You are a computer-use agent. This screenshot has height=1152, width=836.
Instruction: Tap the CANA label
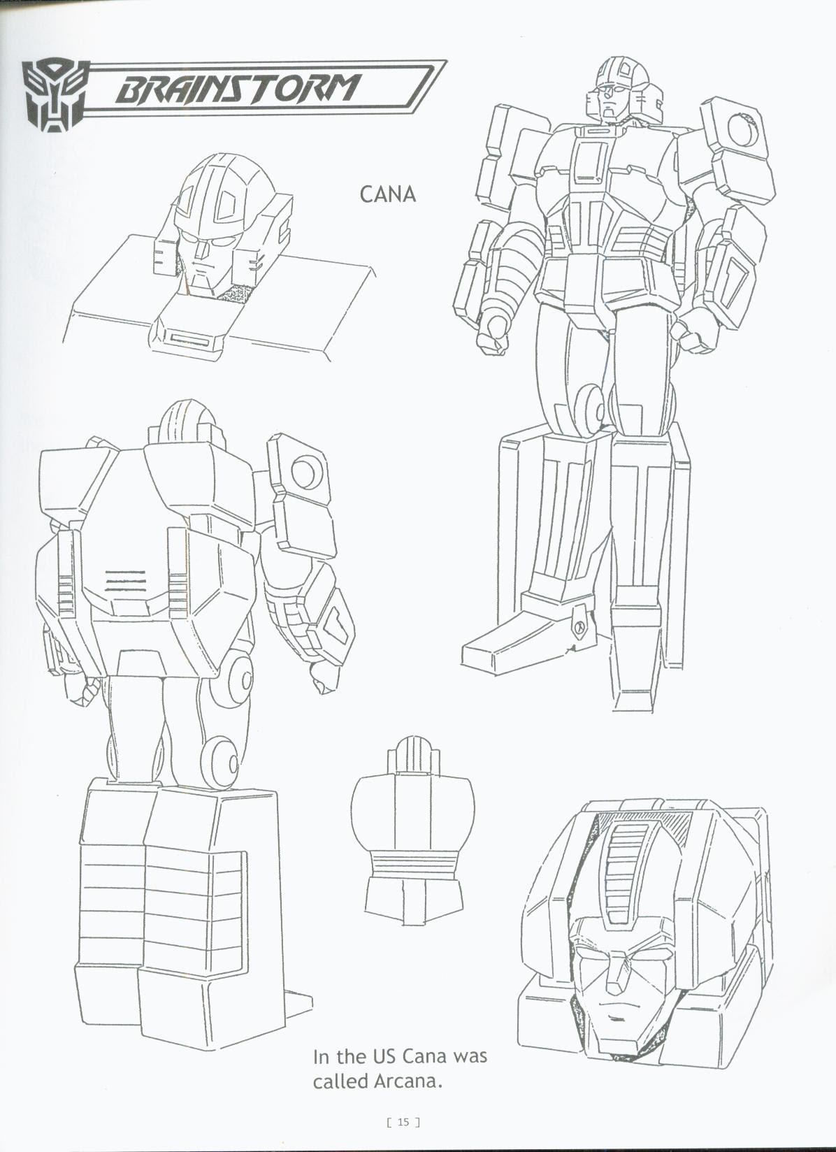387,194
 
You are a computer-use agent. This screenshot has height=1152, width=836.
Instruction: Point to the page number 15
403,1122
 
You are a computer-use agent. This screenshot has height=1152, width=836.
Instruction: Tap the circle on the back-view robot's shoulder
305,473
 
